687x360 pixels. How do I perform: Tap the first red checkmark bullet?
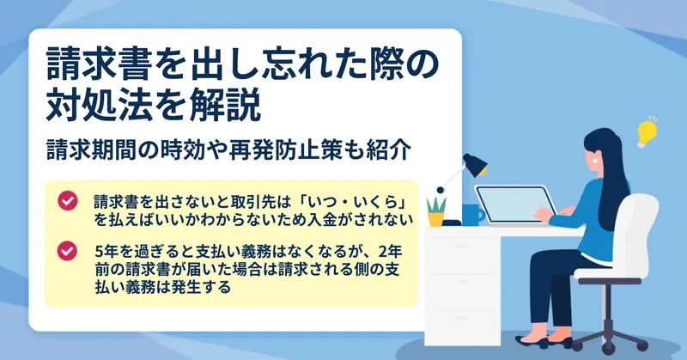pos(68,201)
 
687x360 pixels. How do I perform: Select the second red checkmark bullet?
pos(68,251)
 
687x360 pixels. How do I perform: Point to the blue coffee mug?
pos(473,215)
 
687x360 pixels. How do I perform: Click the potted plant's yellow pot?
pos(436,219)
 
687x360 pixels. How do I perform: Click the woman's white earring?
pos(595,161)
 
